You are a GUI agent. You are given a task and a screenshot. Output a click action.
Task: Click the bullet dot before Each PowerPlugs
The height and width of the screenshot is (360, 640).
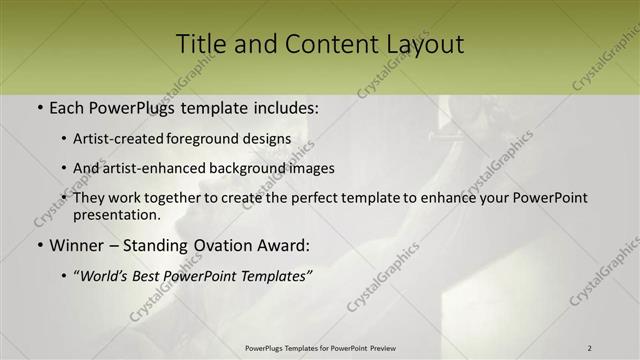click(x=38, y=106)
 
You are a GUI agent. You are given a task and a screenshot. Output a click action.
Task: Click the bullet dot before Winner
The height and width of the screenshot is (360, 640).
click(x=38, y=245)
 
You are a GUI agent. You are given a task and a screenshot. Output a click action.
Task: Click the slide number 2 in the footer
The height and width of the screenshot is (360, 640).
click(x=589, y=348)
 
